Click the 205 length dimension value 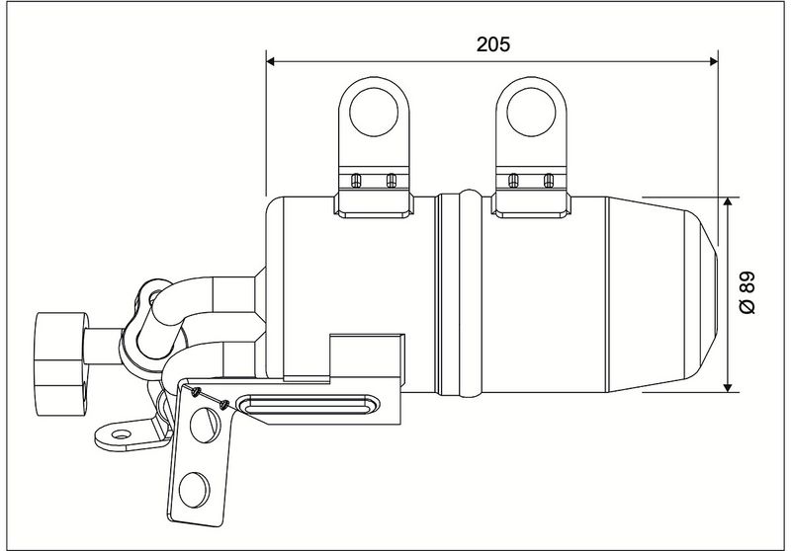tap(492, 44)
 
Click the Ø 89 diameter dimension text tap(747, 292)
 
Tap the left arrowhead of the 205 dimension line tap(270, 61)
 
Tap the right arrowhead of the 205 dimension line tap(713, 61)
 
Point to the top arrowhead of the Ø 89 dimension tap(728, 202)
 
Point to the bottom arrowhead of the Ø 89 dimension tap(728, 387)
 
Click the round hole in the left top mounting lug tap(374, 112)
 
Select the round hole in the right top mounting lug tap(531, 112)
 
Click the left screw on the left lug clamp tap(356, 180)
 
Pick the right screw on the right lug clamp tap(549, 180)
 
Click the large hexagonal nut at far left tap(61, 363)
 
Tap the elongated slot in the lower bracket tap(308, 404)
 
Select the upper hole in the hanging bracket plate tap(205, 425)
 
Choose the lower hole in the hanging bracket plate tap(194, 490)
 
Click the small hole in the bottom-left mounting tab tap(121, 434)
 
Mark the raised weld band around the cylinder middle tap(470, 293)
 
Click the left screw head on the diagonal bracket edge tap(196, 392)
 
